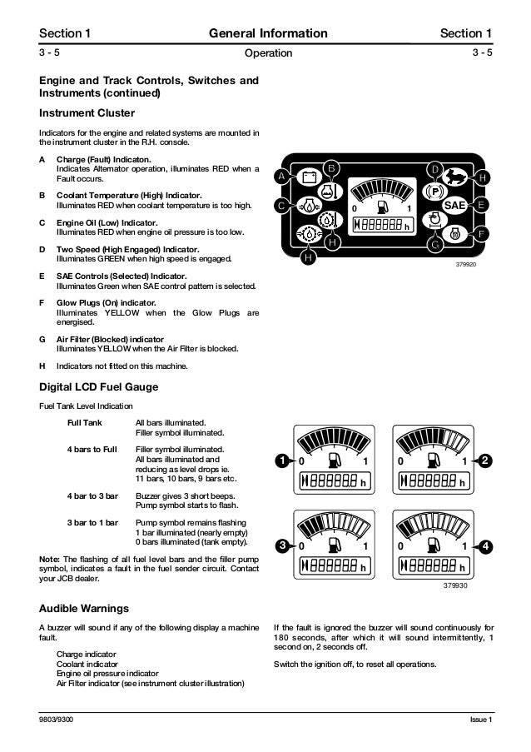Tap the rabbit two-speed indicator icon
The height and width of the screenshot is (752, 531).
click(x=454, y=177)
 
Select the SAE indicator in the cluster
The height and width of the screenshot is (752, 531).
click(x=454, y=205)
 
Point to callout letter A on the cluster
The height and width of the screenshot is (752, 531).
click(x=281, y=177)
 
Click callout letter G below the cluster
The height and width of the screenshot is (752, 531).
click(x=434, y=246)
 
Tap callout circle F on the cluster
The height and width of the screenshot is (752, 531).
click(x=482, y=234)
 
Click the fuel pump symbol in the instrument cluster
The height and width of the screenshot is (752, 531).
click(x=381, y=206)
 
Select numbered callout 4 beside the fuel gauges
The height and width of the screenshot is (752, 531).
click(x=486, y=546)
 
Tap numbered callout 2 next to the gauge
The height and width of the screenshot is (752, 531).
click(x=486, y=461)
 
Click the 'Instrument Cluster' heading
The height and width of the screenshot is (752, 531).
click(x=87, y=112)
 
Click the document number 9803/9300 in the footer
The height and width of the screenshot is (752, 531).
click(x=57, y=719)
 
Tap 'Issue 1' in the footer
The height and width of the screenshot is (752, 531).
click(x=480, y=719)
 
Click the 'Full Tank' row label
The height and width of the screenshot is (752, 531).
click(x=85, y=423)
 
